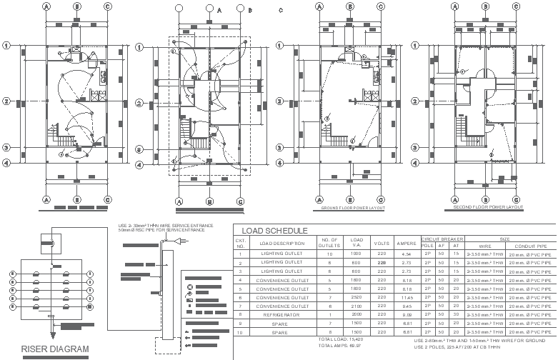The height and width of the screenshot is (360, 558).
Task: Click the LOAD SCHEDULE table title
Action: pyautogui.click(x=274, y=231)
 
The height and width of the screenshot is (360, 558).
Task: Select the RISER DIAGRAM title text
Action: pyautogui.click(x=55, y=350)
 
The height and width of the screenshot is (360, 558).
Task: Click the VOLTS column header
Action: pyautogui.click(x=382, y=244)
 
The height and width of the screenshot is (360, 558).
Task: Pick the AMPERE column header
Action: pyautogui.click(x=407, y=244)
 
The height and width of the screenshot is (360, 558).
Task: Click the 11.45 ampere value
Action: pyautogui.click(x=407, y=296)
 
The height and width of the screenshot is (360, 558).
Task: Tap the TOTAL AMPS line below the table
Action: pyautogui.click(x=339, y=346)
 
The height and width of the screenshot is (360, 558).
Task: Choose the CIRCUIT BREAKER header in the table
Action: pyautogui.click(x=443, y=239)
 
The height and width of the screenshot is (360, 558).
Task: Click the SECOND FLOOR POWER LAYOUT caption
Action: pyautogui.click(x=488, y=207)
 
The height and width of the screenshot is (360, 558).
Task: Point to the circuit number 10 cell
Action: pyautogui.click(x=241, y=332)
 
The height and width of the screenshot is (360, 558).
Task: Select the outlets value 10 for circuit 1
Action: pyautogui.click(x=329, y=254)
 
